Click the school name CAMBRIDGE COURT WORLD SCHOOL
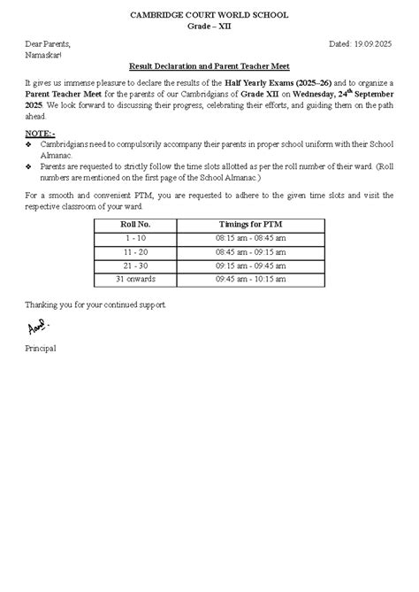(x=209, y=16)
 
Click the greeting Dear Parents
(x=48, y=43)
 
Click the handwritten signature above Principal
(x=37, y=328)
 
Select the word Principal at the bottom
(x=41, y=349)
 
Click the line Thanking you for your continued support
(x=95, y=304)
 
